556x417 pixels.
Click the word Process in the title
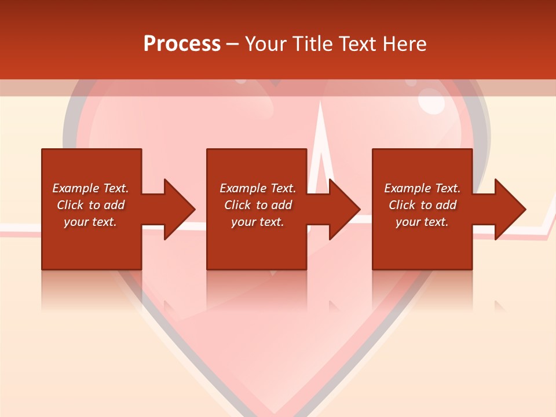182,44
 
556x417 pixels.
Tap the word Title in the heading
314,44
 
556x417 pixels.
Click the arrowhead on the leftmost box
177,209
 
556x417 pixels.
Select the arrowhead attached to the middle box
343,209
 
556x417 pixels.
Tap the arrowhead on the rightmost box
509,209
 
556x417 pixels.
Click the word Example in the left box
76,188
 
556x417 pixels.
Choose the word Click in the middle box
238,205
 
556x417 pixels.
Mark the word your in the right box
408,222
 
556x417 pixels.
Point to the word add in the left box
115,205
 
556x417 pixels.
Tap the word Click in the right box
403,205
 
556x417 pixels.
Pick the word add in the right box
447,205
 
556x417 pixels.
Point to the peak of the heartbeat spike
320,103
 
